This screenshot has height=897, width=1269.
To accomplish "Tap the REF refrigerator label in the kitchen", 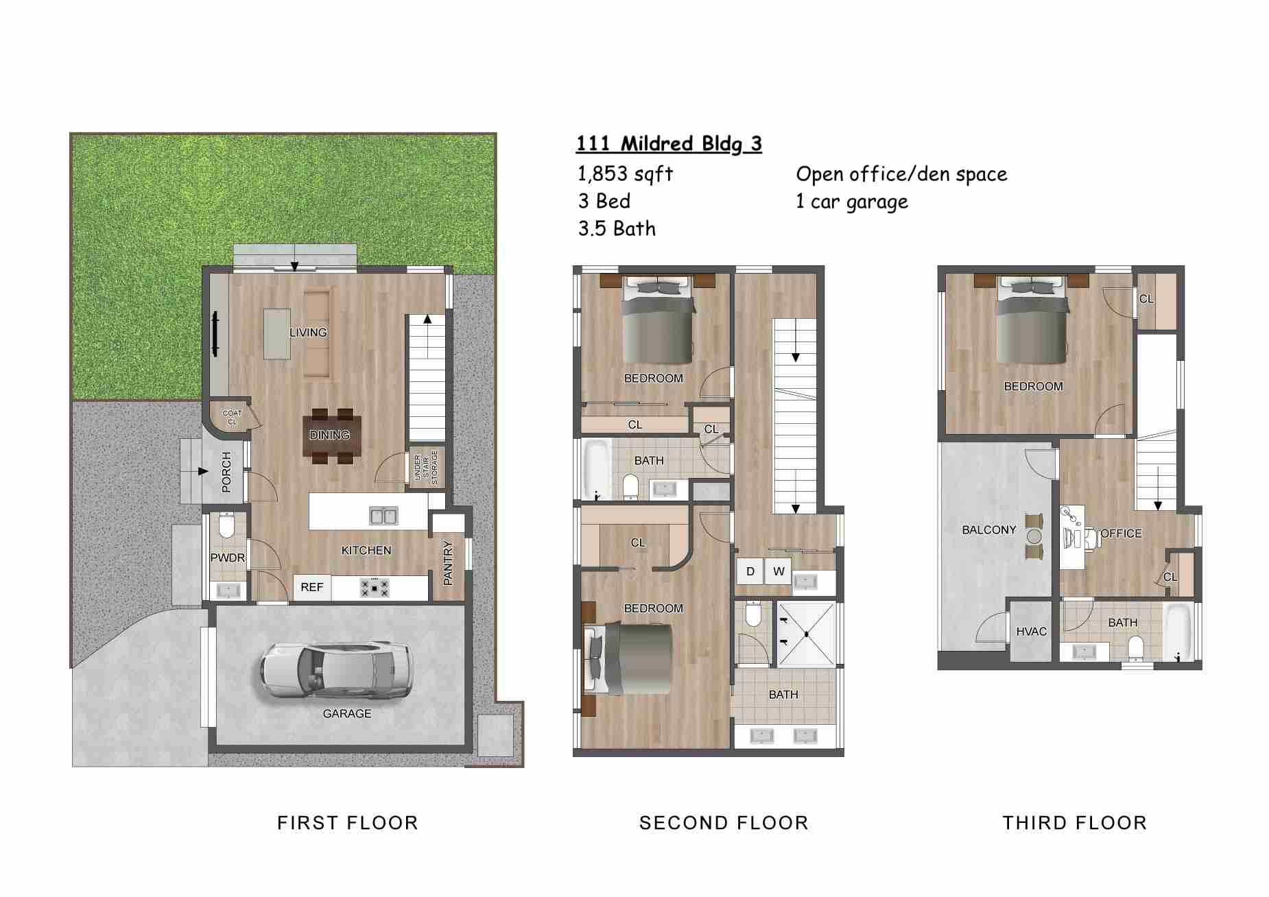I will coord(311,588).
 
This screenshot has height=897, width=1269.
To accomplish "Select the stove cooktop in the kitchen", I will coord(375,588).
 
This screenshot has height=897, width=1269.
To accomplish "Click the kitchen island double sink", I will coord(383,515).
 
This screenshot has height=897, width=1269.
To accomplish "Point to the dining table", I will coord(329,435).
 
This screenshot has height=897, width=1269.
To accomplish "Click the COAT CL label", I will coord(232,417).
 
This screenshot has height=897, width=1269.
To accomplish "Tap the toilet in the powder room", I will coord(226,527).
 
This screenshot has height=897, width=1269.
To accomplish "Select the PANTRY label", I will coord(448,563).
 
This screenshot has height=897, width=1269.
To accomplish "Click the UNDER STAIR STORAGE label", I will coord(426,468).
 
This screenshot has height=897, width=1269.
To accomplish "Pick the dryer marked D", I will coord(750,571).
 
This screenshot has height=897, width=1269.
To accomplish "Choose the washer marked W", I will coord(779,571).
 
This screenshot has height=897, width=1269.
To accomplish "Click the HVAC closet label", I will coord(1031,632).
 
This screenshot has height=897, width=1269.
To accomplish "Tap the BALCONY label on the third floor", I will coord(988,530).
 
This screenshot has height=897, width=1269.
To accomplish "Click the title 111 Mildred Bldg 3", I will coord(668,144).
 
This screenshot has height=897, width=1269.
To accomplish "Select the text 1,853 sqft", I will coord(625,174).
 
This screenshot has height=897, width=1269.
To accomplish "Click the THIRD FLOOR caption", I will coord(1074,823).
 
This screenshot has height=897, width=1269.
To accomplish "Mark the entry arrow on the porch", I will coord(202,471).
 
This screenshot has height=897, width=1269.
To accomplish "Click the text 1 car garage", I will coord(851,202).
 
